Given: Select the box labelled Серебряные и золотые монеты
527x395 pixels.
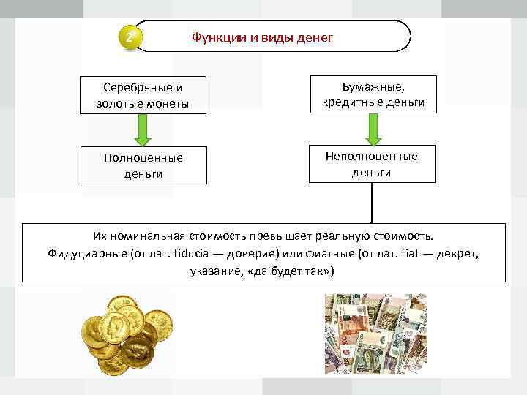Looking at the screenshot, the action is [143, 95].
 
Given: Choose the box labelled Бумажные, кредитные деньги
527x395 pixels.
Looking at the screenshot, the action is [373, 94].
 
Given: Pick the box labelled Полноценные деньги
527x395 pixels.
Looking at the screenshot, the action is [143, 165].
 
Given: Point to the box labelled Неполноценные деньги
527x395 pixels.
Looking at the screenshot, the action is [373, 164].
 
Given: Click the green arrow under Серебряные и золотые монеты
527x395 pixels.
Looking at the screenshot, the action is [143, 130].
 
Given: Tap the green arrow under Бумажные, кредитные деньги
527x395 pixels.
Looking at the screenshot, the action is [373, 129].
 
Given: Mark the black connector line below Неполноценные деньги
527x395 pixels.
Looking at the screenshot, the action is [373, 202].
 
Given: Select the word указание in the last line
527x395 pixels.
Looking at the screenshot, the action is [214, 271].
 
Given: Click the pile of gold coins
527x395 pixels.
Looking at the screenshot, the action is [125, 333].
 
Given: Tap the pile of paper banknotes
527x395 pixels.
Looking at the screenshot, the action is [375, 333].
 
